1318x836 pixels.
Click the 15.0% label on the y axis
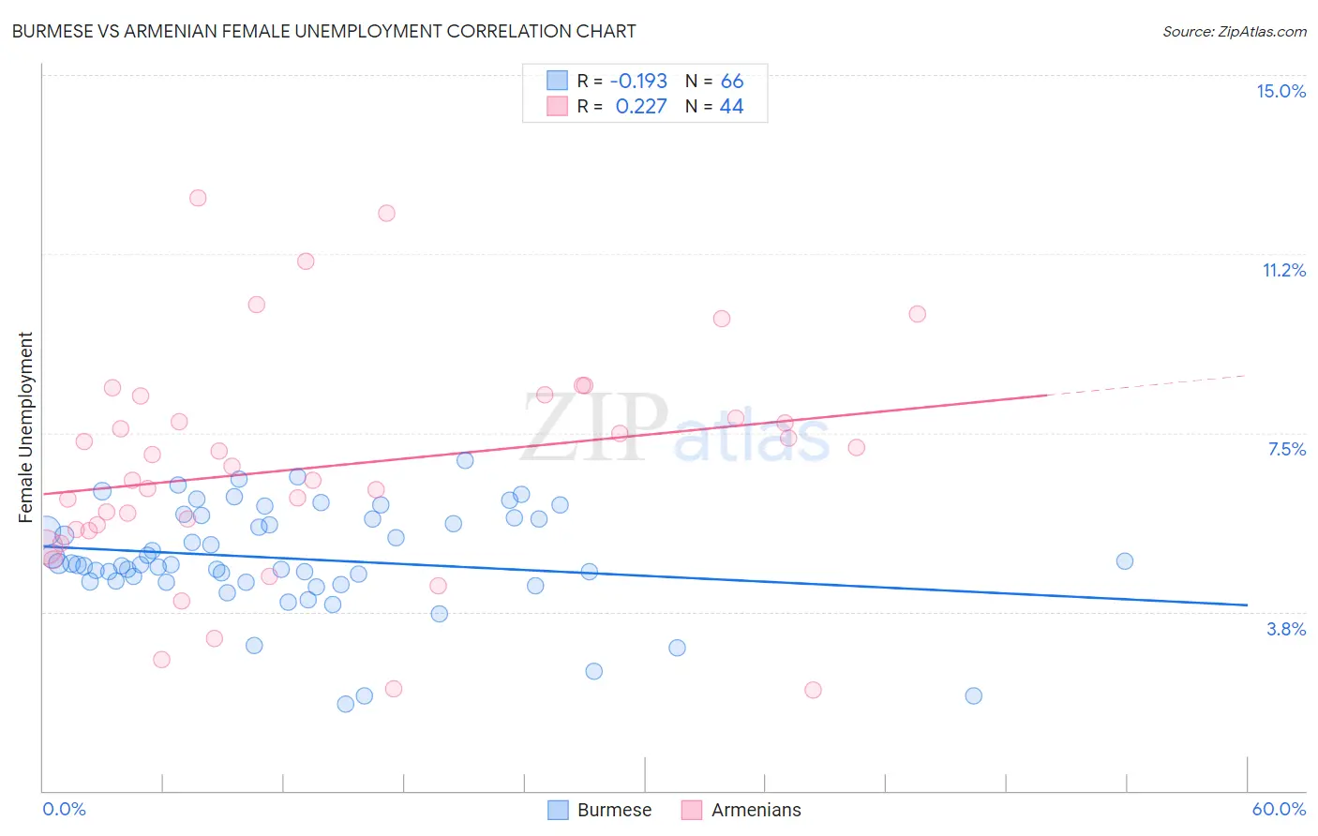(1281, 91)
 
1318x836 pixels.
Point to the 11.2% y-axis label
(1283, 270)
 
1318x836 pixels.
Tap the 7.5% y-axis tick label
(1286, 449)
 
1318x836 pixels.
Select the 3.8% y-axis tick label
(1286, 629)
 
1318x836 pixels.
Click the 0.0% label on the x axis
(64, 809)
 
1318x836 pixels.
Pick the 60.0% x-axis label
(1279, 809)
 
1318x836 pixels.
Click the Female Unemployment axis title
(25, 426)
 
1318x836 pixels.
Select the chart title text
(323, 31)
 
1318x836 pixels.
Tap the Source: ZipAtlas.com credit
(1234, 31)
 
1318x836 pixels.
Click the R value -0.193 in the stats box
(638, 82)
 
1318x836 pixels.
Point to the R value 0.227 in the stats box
(641, 107)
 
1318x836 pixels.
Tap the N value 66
(732, 82)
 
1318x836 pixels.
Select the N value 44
(732, 107)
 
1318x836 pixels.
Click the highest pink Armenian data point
(198, 198)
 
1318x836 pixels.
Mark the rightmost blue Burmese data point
(1125, 561)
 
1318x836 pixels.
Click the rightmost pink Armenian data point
(918, 314)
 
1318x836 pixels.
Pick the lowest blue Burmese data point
(346, 704)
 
